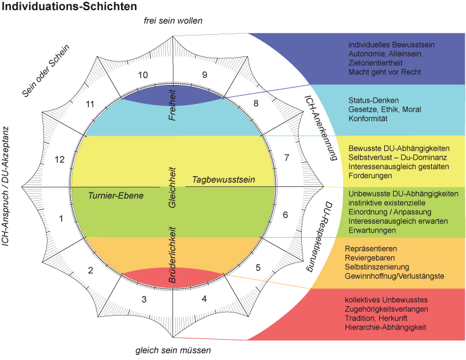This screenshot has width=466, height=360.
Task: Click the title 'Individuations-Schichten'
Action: coord(69,7)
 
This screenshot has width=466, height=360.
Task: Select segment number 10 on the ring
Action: coord(145,75)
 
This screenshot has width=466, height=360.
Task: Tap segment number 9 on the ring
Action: coord(204,75)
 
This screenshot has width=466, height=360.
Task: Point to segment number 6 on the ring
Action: coord(285,215)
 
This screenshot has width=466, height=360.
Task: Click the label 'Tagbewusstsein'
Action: coord(224,180)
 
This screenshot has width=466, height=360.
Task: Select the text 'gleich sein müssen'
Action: coord(173,350)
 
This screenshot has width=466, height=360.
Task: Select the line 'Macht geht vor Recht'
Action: coord(385,72)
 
